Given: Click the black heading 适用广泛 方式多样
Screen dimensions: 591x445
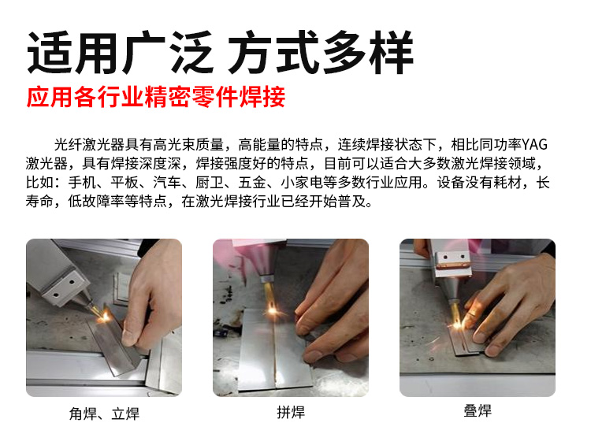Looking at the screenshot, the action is tap(221, 53).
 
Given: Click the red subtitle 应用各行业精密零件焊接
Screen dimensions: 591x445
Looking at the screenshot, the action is tap(156, 97).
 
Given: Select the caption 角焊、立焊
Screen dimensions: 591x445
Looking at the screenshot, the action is tap(104, 413).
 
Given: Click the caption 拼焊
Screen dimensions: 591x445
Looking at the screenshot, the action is tap(291, 412).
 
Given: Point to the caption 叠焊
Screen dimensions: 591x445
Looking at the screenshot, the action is tap(478, 410).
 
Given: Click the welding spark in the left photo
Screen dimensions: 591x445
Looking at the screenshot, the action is tap(104, 317).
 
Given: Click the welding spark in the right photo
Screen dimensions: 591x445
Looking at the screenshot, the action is tap(457, 323).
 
